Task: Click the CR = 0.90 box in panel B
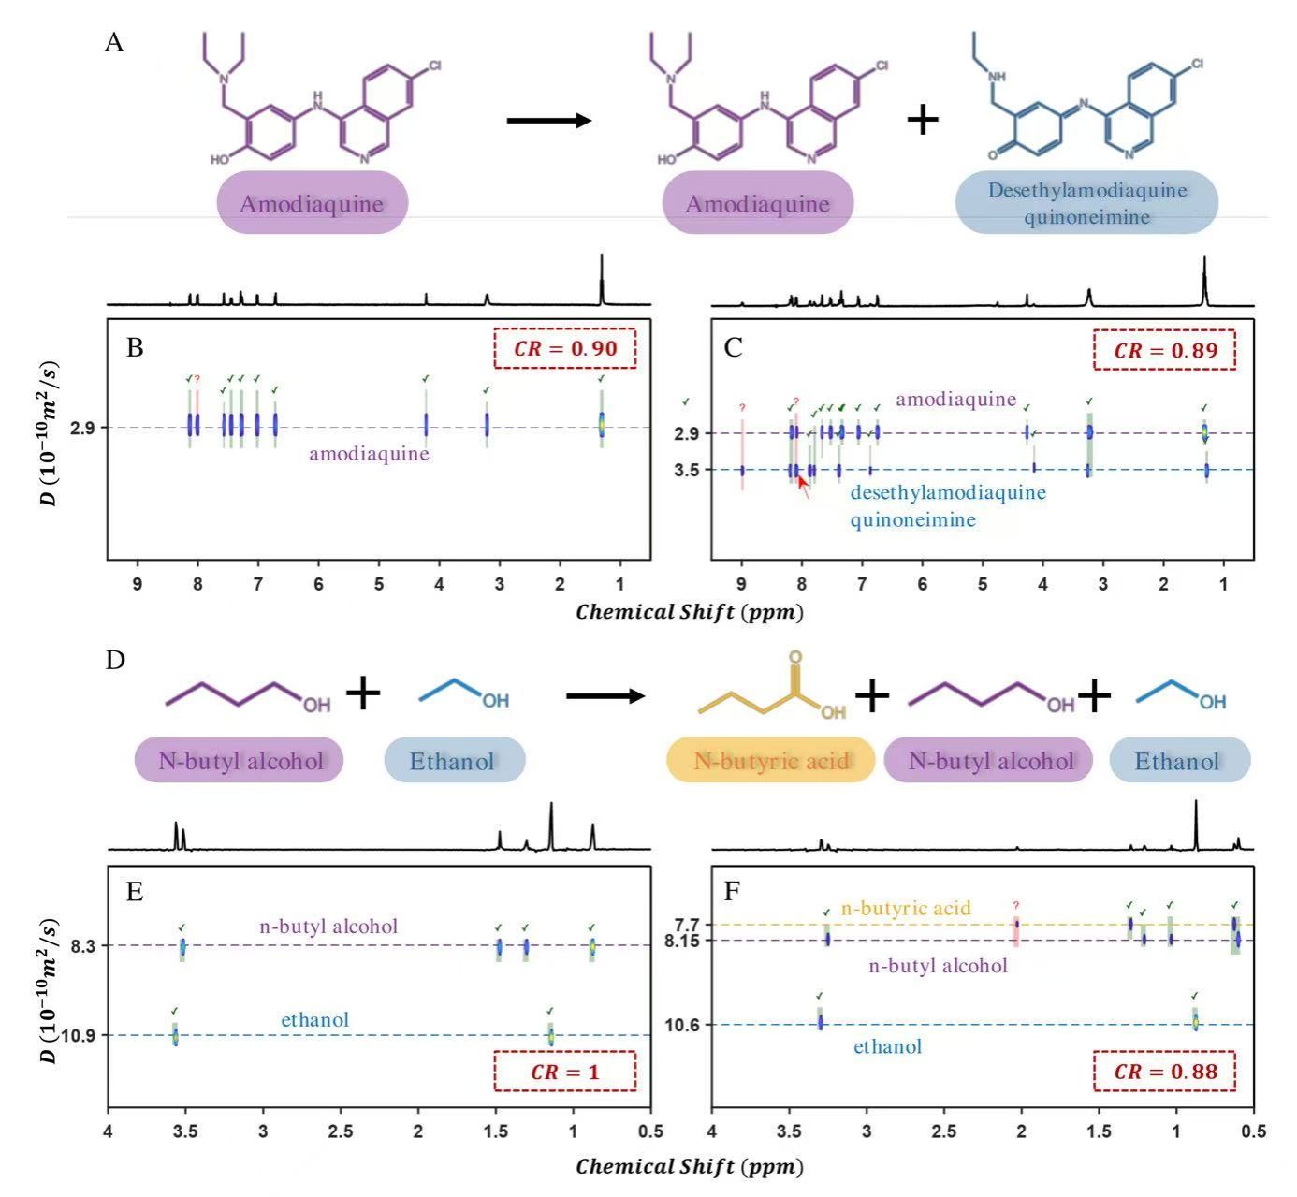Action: pyautogui.click(x=564, y=349)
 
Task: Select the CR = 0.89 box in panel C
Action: pyautogui.click(x=1165, y=350)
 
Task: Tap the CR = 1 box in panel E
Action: pyautogui.click(x=564, y=1072)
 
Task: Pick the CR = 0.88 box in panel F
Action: pyautogui.click(x=1165, y=1072)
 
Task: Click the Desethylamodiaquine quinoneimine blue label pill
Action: pyautogui.click(x=1086, y=203)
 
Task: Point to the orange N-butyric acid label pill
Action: pyautogui.click(x=771, y=760)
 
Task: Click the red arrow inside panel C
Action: pyautogui.click(x=803, y=486)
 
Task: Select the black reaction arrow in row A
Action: pyautogui.click(x=549, y=121)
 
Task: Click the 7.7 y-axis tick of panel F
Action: pyautogui.click(x=689, y=925)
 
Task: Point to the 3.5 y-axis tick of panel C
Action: pyautogui.click(x=687, y=470)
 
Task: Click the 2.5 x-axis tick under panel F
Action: pyautogui.click(x=944, y=1131)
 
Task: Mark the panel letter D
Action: pyautogui.click(x=115, y=660)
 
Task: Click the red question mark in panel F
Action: pyautogui.click(x=1016, y=905)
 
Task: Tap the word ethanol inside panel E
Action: pyautogui.click(x=315, y=1019)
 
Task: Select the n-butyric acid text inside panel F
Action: pyautogui.click(x=906, y=908)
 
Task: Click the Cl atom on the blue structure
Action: pyautogui.click(x=1198, y=65)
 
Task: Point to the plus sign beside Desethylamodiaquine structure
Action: pyautogui.click(x=923, y=120)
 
